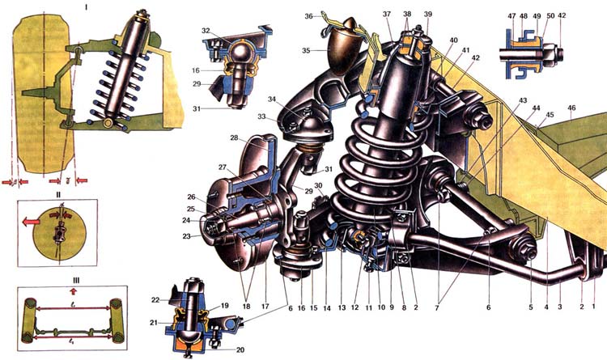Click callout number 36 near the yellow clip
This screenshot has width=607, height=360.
point(308,15)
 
